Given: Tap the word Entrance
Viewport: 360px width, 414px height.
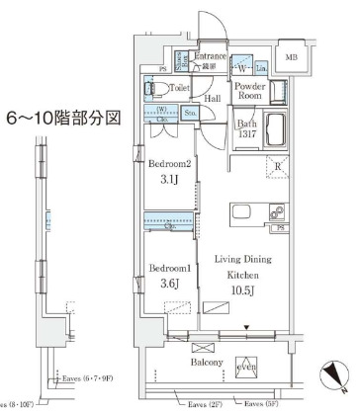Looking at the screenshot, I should coord(211,57).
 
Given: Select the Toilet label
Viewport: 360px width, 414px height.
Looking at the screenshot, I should coord(178,87).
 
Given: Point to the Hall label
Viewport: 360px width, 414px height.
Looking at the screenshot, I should coord(212,99).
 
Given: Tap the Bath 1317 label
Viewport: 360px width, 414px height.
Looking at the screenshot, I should coord(246,129).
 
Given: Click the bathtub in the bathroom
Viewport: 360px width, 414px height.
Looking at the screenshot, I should coord(274,127).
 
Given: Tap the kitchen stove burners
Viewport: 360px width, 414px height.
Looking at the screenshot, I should coord(277,213).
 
